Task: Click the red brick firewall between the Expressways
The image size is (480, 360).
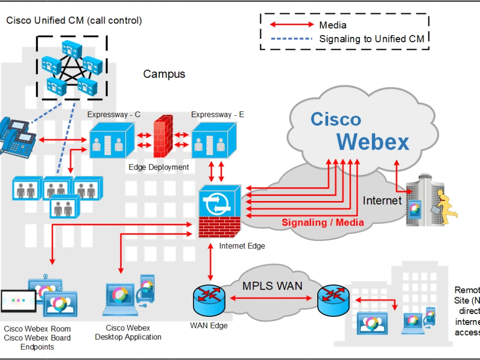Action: tap(163, 137)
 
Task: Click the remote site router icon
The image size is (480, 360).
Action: tap(331, 298)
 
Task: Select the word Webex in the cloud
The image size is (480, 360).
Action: tap(372, 142)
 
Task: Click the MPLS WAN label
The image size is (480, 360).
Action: tap(272, 286)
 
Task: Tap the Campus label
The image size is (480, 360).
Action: tap(164, 74)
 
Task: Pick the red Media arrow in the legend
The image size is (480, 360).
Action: tap(291, 24)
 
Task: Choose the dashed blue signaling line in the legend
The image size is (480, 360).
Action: tap(291, 39)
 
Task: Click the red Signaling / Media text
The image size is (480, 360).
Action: tap(323, 222)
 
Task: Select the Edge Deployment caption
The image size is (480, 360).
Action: tap(159, 168)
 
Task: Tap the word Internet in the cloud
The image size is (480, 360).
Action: tap(382, 200)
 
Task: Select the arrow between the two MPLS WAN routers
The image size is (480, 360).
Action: tap(272, 298)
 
